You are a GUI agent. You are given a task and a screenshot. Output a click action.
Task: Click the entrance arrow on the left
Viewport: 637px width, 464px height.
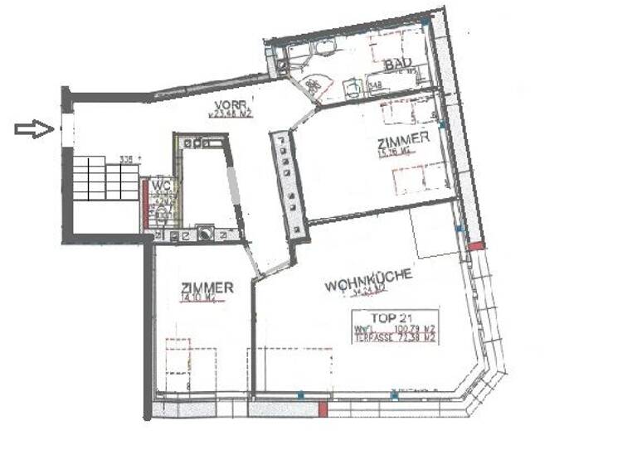[x=34, y=128]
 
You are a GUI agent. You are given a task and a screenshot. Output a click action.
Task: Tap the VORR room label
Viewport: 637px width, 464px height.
[x=229, y=105]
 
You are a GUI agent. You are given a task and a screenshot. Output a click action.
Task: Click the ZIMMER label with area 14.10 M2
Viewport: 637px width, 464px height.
[x=207, y=288]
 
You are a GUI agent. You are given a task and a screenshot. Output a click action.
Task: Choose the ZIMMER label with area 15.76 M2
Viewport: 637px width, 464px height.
[x=403, y=138]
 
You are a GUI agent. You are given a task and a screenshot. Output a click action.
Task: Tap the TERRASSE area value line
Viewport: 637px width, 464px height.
[x=395, y=338]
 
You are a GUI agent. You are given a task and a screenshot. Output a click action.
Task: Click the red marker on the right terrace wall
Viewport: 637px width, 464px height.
[x=474, y=246]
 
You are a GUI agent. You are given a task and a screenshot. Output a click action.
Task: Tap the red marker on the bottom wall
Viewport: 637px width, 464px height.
[x=323, y=408]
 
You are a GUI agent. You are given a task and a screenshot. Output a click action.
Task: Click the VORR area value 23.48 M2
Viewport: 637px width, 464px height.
[x=231, y=116]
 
